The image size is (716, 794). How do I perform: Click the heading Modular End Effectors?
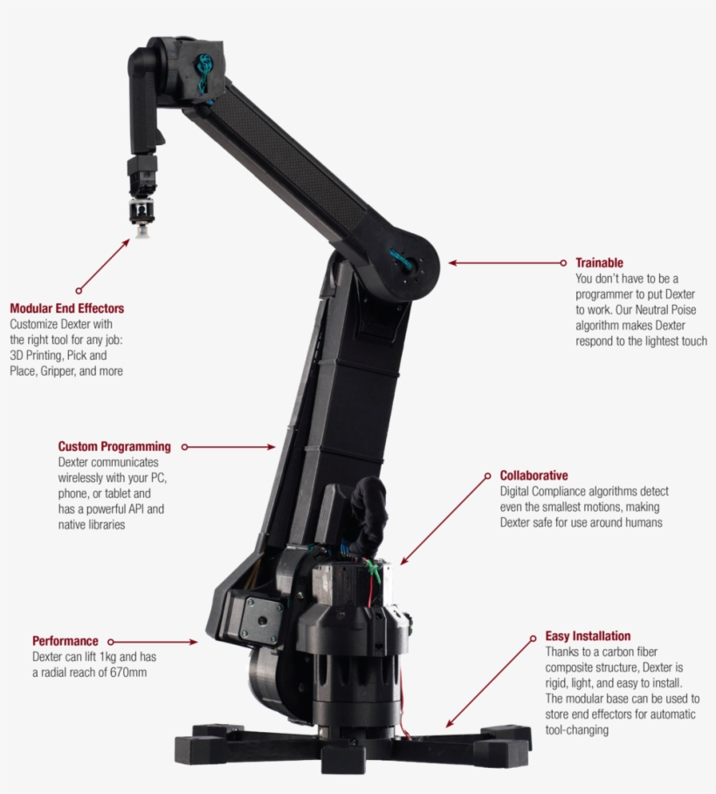pyautogui.click(x=67, y=308)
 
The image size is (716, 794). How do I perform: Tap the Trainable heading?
pyautogui.click(x=599, y=263)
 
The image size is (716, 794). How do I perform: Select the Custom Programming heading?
pyautogui.click(x=114, y=446)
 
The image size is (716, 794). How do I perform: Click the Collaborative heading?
pyautogui.click(x=534, y=475)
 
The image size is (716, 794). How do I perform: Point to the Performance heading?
pyautogui.click(x=65, y=641)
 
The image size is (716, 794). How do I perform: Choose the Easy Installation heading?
pyautogui.click(x=588, y=636)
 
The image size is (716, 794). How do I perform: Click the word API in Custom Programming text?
pyautogui.click(x=134, y=509)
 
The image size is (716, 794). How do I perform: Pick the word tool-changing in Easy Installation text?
pyautogui.click(x=577, y=730)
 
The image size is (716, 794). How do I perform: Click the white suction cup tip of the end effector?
pyautogui.click(x=141, y=232)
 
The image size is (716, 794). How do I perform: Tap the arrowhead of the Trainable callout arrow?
pyautogui.click(x=452, y=263)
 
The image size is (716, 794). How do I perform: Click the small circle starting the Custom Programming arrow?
pyautogui.click(x=185, y=447)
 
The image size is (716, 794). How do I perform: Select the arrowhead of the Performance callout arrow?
pyautogui.click(x=194, y=642)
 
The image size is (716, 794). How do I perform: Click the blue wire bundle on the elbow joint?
pyautogui.click(x=403, y=259)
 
